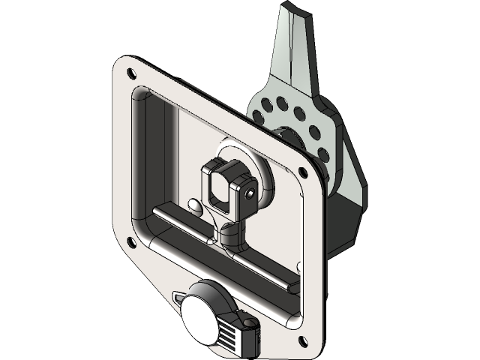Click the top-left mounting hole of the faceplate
pos(132,73)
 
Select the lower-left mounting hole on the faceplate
pos(131,241)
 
